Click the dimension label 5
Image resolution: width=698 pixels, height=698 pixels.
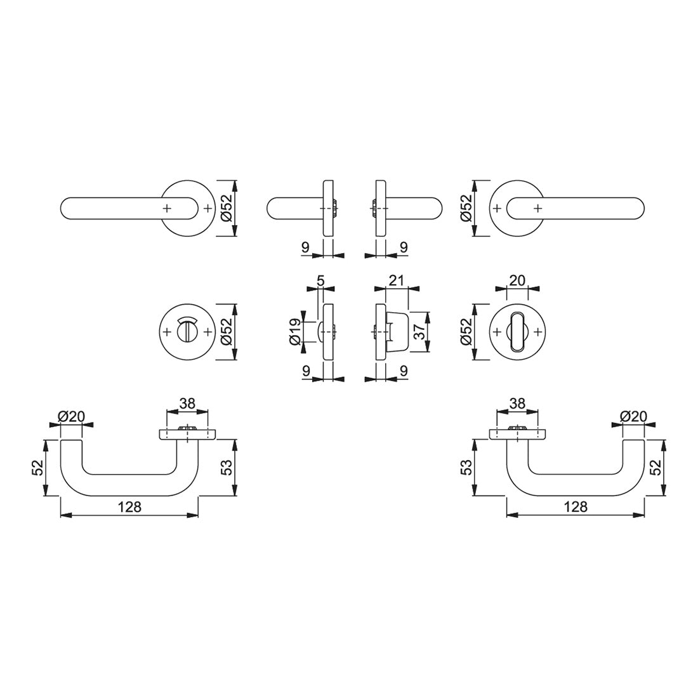coord(320,280)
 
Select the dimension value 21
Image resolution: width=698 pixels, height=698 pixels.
coord(396,280)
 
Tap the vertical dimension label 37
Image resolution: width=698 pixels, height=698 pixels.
coord(420,332)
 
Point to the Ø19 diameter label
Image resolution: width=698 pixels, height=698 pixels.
coord(295,333)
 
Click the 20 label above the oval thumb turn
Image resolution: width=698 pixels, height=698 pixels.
coord(517,280)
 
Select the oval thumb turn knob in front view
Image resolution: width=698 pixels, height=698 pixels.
coord(517,332)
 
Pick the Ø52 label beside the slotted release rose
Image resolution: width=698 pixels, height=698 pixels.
coord(227,332)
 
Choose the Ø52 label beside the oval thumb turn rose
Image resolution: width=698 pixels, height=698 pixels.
coord(466,332)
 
